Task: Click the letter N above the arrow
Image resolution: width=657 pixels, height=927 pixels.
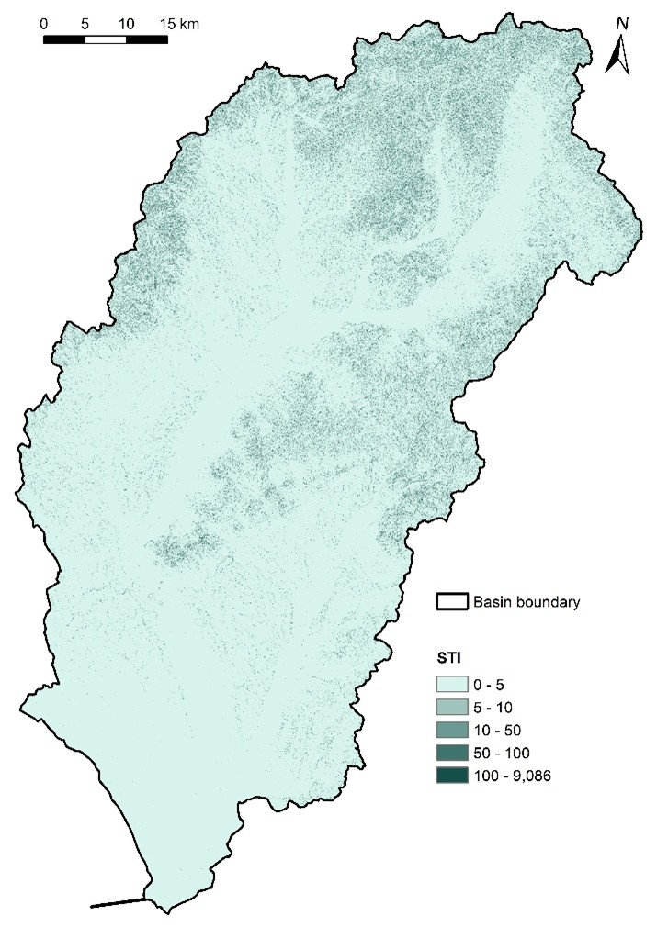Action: [622, 23]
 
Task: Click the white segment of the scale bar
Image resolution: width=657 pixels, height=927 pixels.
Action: [105, 39]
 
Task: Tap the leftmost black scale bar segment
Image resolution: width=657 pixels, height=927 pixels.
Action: [64, 39]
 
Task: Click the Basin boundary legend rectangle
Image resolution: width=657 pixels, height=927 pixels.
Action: [451, 602]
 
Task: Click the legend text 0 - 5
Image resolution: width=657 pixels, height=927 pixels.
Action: [488, 685]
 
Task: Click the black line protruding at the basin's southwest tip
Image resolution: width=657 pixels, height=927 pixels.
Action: [118, 903]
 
